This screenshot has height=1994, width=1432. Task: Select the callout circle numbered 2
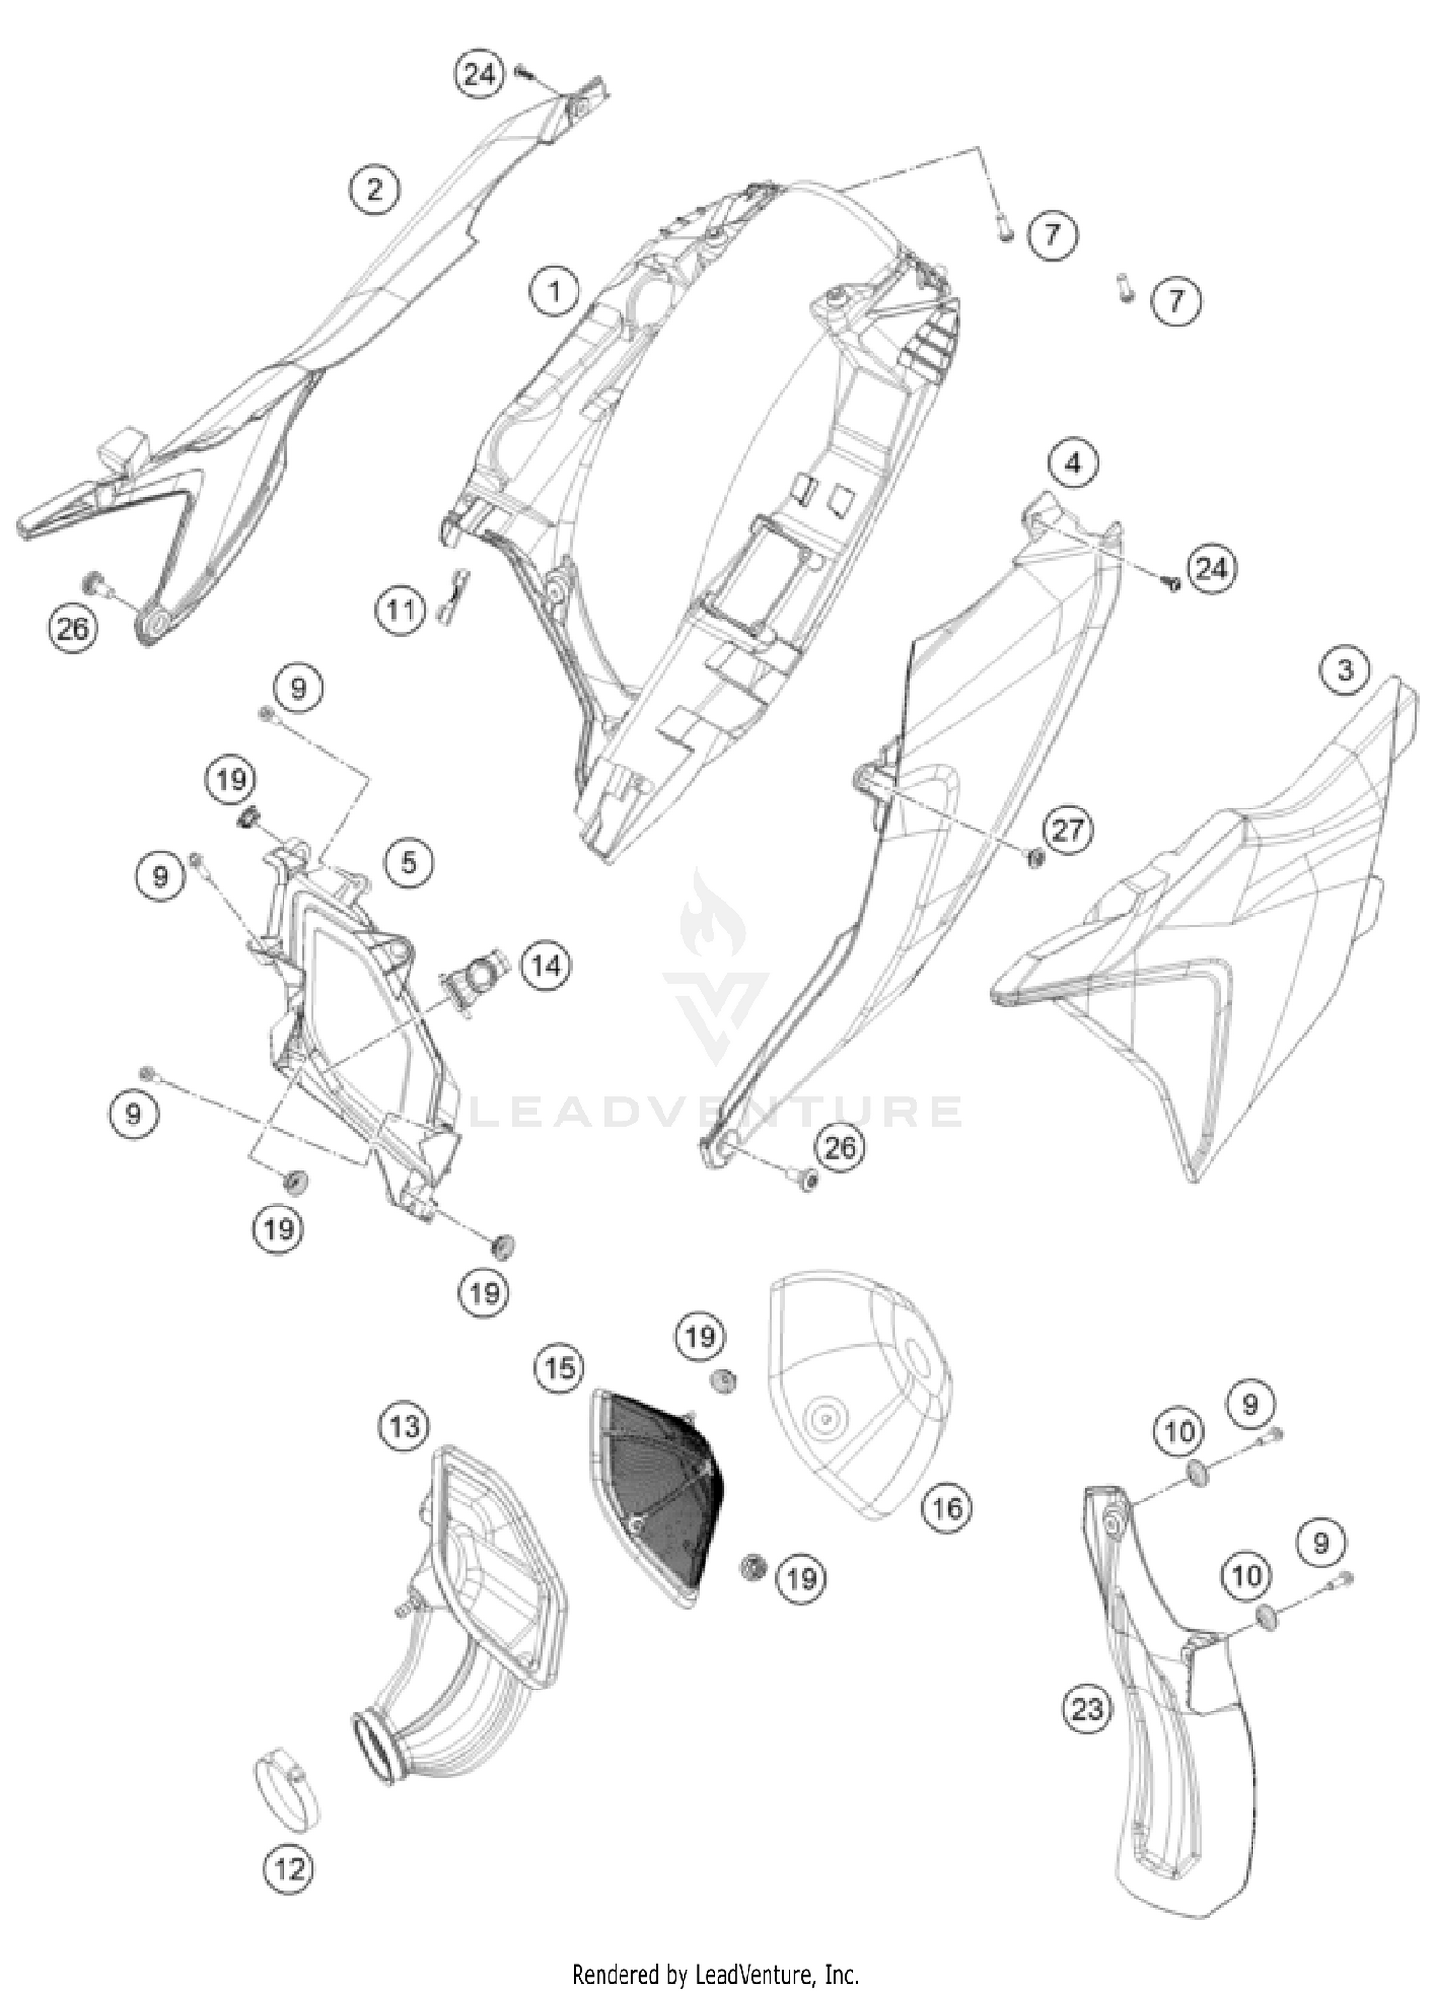374,190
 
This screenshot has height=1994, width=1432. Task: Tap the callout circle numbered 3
1345,670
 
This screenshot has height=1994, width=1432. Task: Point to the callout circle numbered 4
1074,464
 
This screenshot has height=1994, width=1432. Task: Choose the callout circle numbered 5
409,863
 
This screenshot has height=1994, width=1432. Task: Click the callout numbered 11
400,609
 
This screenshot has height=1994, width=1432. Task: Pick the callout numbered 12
289,1868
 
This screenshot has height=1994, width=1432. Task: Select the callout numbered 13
404,1427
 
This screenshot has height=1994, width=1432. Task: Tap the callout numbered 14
546,966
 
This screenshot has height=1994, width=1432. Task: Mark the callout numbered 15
559,1368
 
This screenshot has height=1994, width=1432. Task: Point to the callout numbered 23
1087,1708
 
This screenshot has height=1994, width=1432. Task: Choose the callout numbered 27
1067,829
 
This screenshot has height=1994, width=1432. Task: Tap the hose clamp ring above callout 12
285,1787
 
